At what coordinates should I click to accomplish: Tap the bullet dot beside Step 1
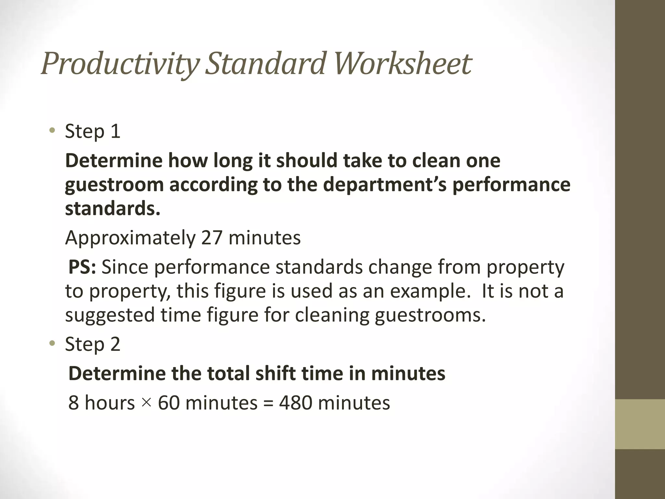tap(52, 131)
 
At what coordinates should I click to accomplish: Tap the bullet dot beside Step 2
tap(52, 344)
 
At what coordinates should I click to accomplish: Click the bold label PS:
tap(82, 267)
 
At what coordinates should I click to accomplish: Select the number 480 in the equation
tap(295, 403)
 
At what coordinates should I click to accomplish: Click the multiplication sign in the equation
tap(146, 403)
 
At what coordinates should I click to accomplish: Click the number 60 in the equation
tap(169, 403)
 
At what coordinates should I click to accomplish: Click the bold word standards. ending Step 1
tap(113, 208)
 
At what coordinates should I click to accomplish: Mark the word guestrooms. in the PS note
tap(430, 315)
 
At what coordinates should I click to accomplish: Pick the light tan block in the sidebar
tap(640, 424)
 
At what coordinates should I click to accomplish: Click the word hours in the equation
tap(109, 403)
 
